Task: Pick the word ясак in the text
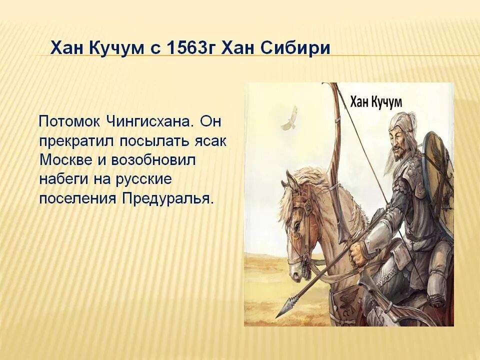click(x=209, y=141)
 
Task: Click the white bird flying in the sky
click(x=288, y=118)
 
